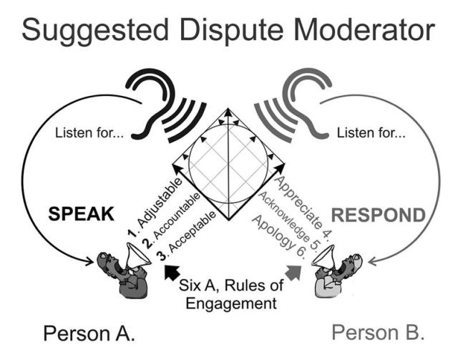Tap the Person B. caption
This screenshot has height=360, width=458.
click(x=379, y=334)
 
